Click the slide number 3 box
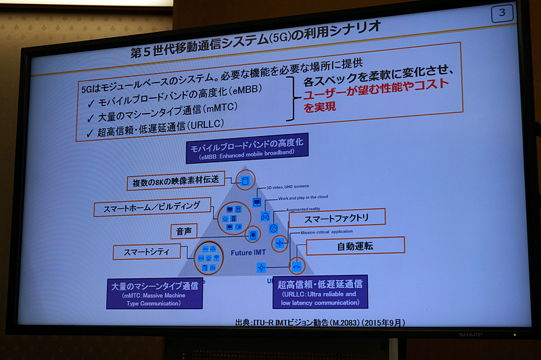501,14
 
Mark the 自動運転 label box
355,246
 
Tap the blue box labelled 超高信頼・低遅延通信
320,290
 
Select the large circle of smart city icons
208,257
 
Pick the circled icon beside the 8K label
245,180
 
